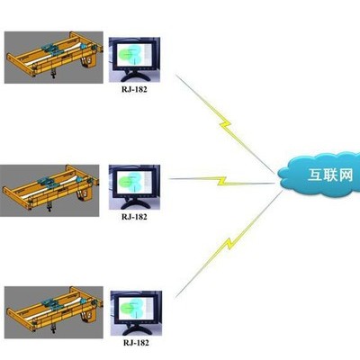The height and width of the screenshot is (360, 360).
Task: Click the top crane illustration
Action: (54, 58)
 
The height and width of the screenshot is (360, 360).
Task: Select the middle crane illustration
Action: (49, 191)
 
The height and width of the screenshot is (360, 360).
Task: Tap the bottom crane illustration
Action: (54, 312)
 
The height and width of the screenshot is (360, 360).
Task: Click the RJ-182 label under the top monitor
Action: (134, 89)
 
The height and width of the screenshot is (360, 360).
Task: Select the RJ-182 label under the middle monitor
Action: (134, 217)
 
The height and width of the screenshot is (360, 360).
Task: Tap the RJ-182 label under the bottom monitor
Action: (136, 343)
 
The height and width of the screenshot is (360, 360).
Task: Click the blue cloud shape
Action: (319, 175)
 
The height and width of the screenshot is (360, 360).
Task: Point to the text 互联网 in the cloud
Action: (330, 175)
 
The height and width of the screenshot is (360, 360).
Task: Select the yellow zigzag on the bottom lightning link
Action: (229, 244)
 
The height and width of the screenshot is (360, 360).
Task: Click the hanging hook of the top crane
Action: (53, 74)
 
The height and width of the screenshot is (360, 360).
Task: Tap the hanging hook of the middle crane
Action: (49, 207)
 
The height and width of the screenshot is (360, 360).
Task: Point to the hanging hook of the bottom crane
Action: (53, 329)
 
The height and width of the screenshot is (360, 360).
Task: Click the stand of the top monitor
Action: (134, 76)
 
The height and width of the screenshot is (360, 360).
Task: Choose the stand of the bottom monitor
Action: (137, 329)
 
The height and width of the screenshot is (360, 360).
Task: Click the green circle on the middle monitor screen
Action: (123, 182)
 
